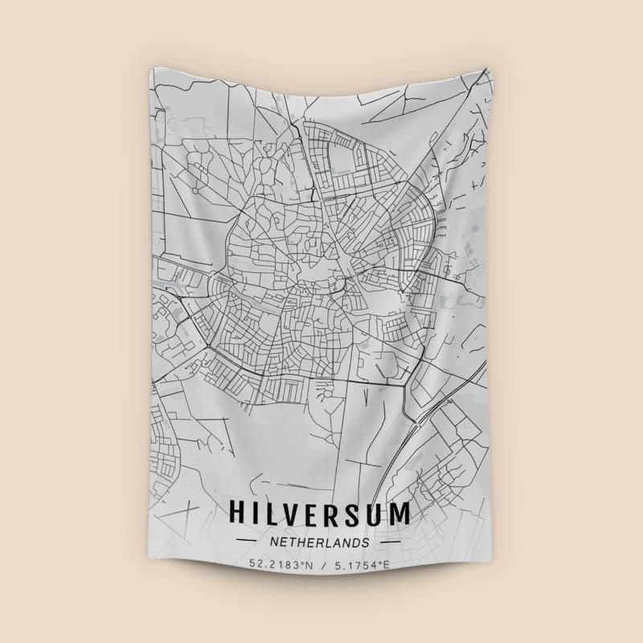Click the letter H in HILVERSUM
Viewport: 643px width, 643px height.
coord(239,513)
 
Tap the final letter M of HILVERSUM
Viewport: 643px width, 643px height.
coord(407,513)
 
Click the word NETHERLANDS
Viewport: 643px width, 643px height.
coord(321,543)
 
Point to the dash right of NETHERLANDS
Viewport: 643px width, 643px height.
coord(396,543)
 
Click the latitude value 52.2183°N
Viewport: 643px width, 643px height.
coord(279,565)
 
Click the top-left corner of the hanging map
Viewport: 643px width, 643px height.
coord(151,68)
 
